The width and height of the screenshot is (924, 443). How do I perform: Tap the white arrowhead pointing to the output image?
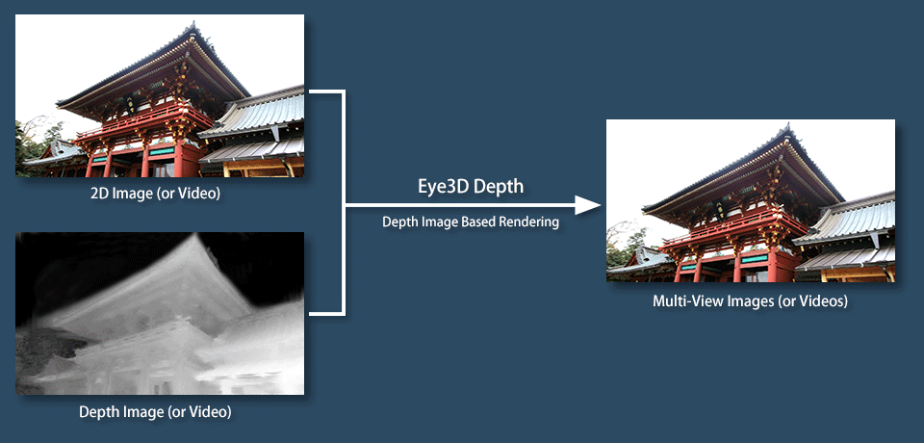[587, 205]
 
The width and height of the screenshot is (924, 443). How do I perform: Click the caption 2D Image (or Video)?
[156, 194]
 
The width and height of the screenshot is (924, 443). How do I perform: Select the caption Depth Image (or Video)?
[156, 412]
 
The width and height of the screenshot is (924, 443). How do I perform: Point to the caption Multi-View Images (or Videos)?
[750, 301]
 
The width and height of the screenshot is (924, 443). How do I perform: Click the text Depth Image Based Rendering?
[471, 222]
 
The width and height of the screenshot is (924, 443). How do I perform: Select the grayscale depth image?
[160, 313]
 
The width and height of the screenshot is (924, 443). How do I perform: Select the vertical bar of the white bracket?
[343, 203]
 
